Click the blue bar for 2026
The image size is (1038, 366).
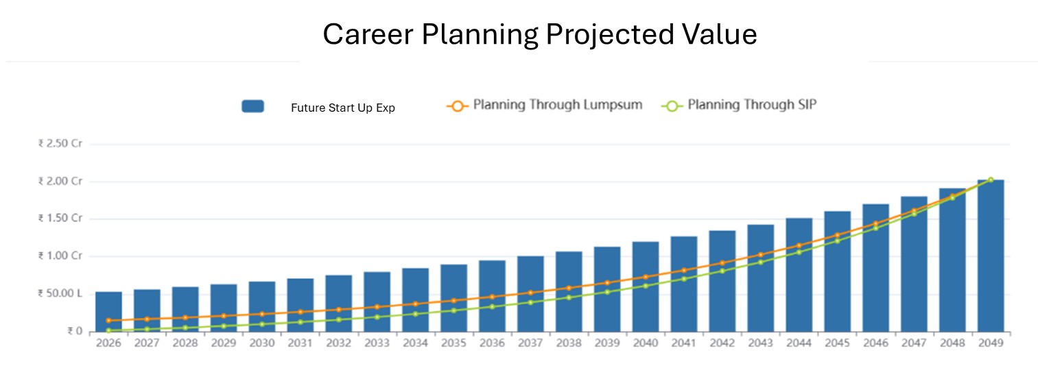(108, 312)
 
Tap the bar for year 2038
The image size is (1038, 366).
(569, 291)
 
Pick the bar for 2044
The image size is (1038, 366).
(799, 275)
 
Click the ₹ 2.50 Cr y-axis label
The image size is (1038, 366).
(60, 144)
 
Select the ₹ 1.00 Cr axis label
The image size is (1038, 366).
(60, 256)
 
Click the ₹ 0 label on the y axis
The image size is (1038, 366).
(74, 332)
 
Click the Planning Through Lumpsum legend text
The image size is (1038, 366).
(558, 105)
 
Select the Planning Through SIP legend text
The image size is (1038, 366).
(752, 105)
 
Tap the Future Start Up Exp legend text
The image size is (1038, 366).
(343, 108)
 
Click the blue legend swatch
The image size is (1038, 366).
(252, 106)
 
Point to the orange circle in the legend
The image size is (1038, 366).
(456, 106)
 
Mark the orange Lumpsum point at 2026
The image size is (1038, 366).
(108, 321)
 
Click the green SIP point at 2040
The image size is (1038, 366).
(646, 286)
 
